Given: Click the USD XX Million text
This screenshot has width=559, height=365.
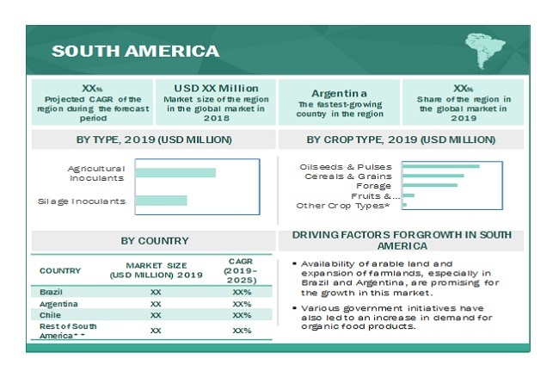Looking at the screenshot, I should click(215, 87).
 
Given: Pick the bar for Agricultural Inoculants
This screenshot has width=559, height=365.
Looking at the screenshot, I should click(175, 173).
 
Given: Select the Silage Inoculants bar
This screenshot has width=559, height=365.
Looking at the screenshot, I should click(161, 201).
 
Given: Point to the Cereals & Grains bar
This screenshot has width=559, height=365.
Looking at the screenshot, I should click(433, 176).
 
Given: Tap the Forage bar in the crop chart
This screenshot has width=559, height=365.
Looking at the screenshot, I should click(429, 185).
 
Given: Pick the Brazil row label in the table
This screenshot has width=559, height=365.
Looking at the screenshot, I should click(51, 293).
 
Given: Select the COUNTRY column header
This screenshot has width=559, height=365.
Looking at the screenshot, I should click(60, 270).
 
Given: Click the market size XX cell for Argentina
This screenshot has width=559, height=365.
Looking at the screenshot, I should click(155, 304).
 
